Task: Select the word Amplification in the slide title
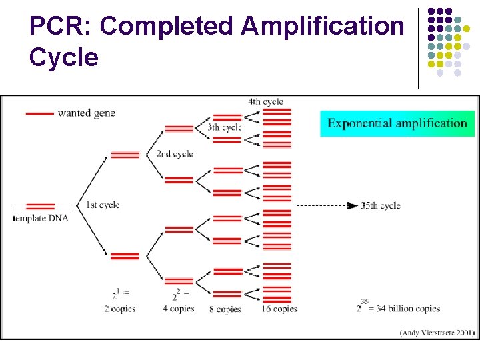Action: (x=323, y=27)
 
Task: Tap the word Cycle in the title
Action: (x=64, y=57)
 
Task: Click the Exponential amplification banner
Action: (x=397, y=123)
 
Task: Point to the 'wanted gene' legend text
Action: (x=87, y=113)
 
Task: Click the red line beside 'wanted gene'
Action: (x=39, y=114)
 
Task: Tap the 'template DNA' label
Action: (x=41, y=218)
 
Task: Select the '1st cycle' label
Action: (x=103, y=205)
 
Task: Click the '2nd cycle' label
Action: (x=175, y=154)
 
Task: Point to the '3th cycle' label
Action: (x=225, y=127)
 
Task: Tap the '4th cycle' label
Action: (x=265, y=102)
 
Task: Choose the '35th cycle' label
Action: (x=381, y=206)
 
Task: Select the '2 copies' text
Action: (x=121, y=308)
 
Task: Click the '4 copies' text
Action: (x=178, y=309)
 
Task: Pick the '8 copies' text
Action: (x=225, y=309)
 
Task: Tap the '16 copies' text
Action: (x=279, y=309)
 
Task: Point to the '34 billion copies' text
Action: (x=407, y=308)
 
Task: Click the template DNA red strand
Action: (x=41, y=207)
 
